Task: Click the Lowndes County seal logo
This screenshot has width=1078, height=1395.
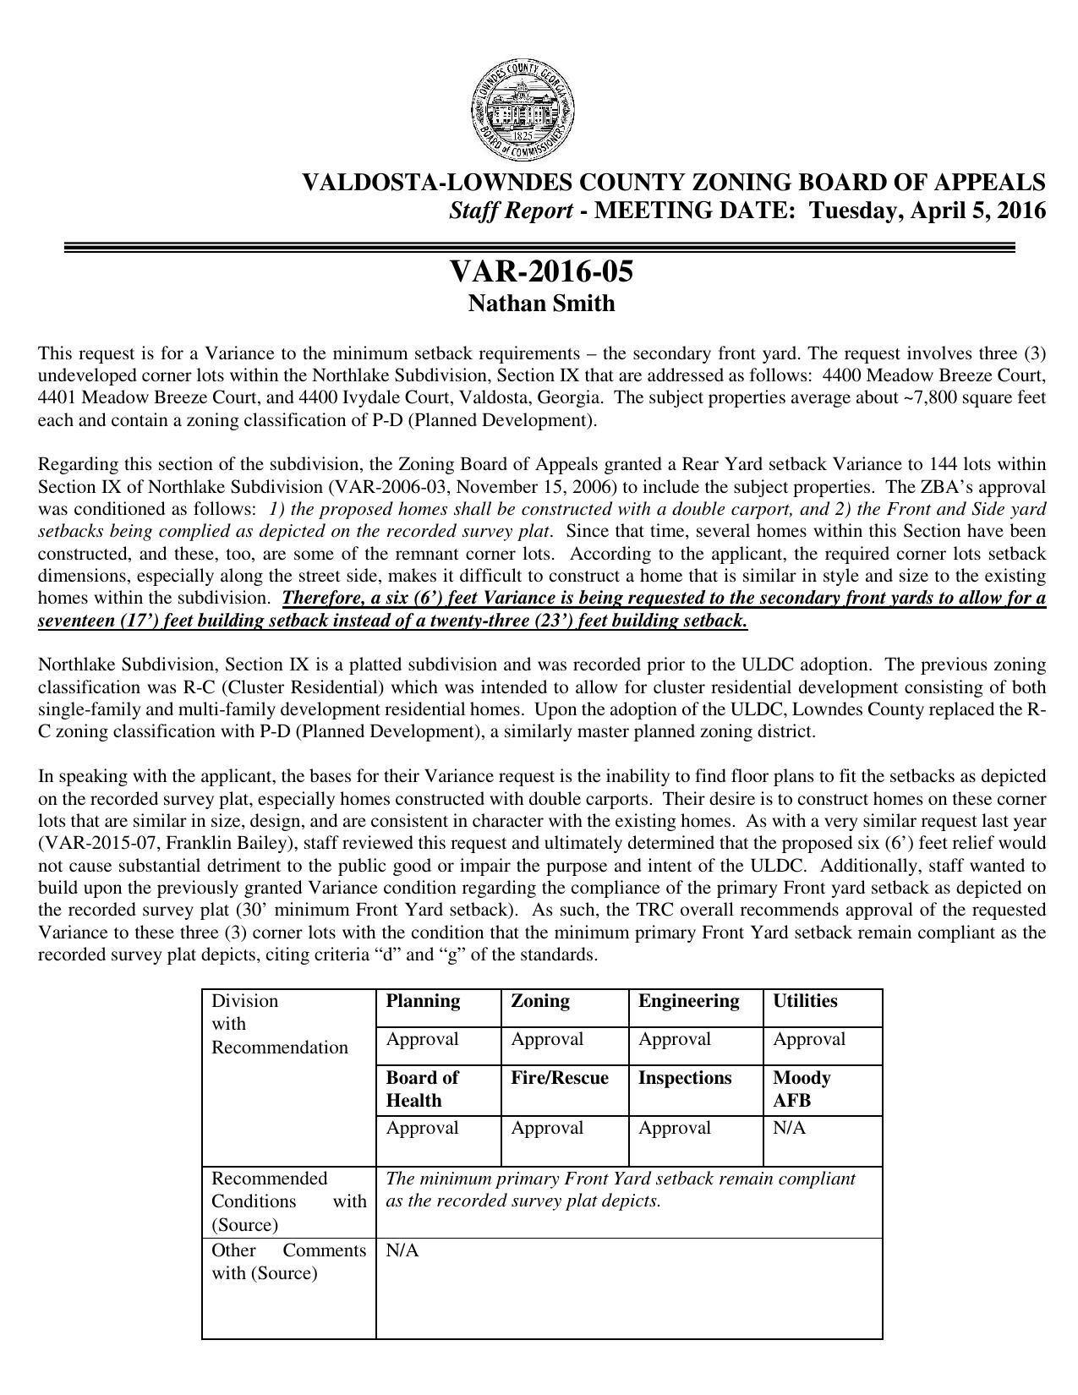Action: (x=523, y=111)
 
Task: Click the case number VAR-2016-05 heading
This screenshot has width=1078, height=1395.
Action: (x=541, y=272)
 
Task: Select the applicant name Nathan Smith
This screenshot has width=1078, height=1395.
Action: (x=541, y=304)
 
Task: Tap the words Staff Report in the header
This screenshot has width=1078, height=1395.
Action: (x=511, y=211)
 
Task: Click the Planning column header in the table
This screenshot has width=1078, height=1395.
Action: (x=423, y=1001)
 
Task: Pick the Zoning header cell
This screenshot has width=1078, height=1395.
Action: (x=539, y=1001)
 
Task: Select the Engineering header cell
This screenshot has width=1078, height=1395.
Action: (x=688, y=1001)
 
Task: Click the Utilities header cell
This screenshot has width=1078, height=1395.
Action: (x=805, y=1001)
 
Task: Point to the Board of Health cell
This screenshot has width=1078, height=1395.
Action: (x=422, y=1089)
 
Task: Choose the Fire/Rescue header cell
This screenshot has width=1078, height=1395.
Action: (x=559, y=1078)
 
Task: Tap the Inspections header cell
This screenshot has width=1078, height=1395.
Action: (x=684, y=1078)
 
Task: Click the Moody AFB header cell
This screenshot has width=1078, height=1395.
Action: (x=802, y=1089)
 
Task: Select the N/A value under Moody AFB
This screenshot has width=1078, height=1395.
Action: (x=789, y=1128)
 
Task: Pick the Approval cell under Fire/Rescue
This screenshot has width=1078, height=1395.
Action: (x=547, y=1128)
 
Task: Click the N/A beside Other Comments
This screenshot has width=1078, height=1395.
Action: (x=402, y=1250)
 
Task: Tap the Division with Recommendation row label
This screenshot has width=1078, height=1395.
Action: (x=279, y=1024)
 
